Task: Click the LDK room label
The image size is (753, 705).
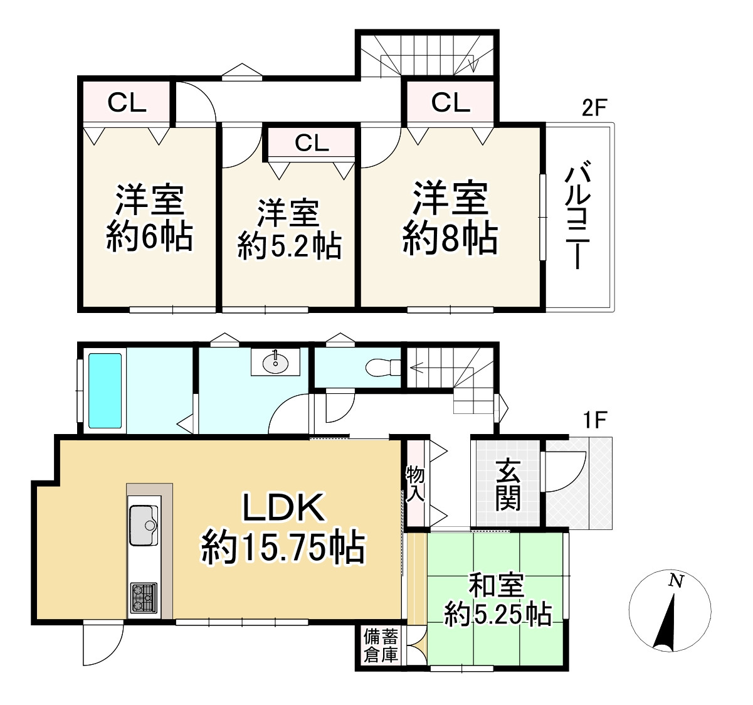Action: [x=284, y=508]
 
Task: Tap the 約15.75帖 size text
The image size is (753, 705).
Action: [x=282, y=547]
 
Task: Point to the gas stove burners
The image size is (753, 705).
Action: [x=144, y=597]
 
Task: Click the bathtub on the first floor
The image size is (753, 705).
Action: [x=105, y=390]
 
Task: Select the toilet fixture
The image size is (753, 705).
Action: [x=382, y=366]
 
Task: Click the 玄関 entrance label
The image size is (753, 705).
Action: [x=507, y=484]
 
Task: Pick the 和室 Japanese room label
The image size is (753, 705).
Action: [x=496, y=586]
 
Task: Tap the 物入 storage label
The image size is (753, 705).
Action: [x=415, y=483]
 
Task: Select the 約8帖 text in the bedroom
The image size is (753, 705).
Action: [x=450, y=239]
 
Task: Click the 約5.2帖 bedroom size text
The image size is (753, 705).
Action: [x=290, y=246]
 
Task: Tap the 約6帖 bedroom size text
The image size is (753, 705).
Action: [x=149, y=236]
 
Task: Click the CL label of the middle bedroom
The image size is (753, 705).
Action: [x=312, y=143]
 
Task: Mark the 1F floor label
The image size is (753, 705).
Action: [x=594, y=421]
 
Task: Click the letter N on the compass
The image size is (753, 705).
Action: [x=675, y=581]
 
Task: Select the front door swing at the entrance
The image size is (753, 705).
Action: [x=560, y=470]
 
